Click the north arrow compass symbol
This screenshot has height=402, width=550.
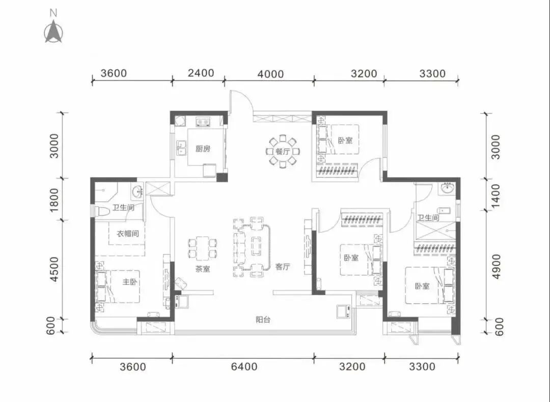53,32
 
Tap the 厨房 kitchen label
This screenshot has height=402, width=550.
203,149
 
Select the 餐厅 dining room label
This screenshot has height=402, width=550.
283,152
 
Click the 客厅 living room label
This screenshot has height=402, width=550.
283,267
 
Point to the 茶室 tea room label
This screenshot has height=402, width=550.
203,269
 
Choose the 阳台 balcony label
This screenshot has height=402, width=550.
263,320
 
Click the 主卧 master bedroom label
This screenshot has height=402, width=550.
130,282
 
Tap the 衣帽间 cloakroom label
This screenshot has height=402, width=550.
128,234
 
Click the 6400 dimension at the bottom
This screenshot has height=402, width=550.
244,366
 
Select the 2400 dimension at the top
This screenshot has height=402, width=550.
201,73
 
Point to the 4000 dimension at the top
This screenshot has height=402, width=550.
270,74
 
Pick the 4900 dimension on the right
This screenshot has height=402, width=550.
496,266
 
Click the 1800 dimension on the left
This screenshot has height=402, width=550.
54,200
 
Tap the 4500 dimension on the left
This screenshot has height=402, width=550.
54,269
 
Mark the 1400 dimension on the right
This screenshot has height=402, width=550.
496,195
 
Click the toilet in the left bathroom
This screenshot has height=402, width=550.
102,212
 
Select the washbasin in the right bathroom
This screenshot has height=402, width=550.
447,189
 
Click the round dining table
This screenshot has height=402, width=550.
283,152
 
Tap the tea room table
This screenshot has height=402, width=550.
203,248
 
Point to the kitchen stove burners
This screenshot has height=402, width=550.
203,122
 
